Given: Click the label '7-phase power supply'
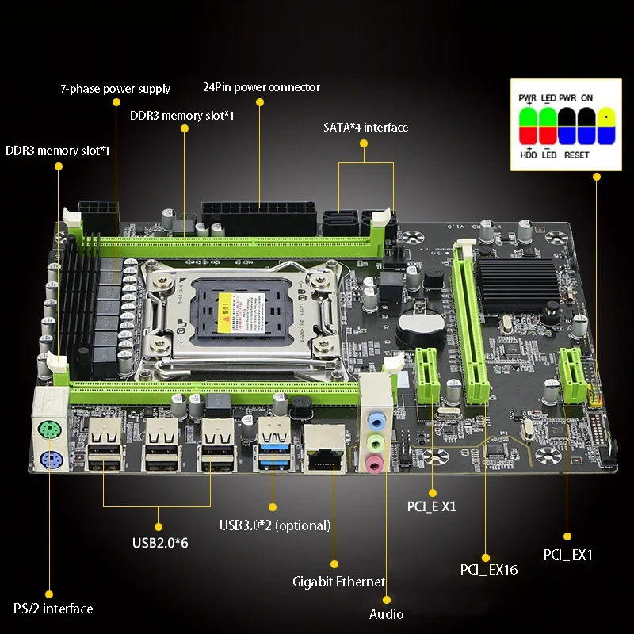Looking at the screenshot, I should tap(116, 88).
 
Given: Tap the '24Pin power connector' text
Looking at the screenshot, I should tap(262, 87).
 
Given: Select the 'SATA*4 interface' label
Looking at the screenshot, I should tap(365, 127).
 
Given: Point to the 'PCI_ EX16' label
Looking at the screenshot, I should tap(489, 569).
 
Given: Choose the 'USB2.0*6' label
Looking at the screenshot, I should tap(159, 542).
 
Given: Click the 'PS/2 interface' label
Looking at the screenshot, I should tap(53, 609).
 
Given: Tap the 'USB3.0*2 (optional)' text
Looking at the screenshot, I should tap(275, 525).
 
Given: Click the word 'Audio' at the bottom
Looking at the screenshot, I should tap(387, 614).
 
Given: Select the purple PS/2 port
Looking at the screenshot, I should tap(49, 462).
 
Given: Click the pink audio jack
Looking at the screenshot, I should tap(372, 461).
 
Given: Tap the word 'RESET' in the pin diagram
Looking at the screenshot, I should tap(576, 155).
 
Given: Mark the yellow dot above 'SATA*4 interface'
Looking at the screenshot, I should tap(365, 143).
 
